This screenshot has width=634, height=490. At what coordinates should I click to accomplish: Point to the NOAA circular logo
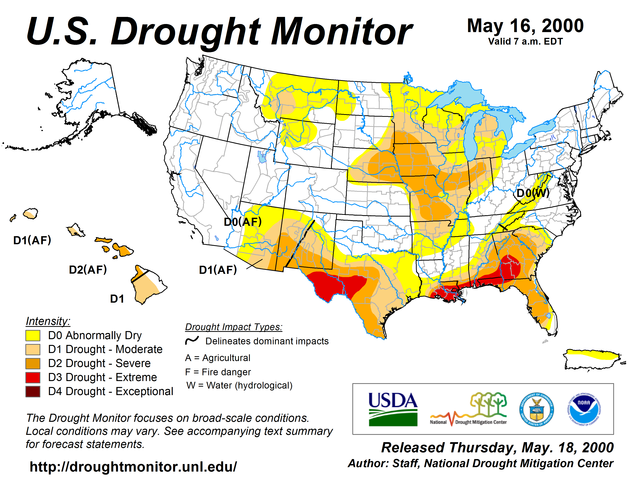[584, 410]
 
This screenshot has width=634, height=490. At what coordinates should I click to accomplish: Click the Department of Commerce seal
[536, 410]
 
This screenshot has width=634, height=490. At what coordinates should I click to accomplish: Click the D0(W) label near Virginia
[533, 193]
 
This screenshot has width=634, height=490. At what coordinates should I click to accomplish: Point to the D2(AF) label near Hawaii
[88, 270]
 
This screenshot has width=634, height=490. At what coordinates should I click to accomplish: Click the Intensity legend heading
[48, 321]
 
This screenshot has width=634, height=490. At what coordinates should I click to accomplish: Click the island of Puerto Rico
[592, 359]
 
